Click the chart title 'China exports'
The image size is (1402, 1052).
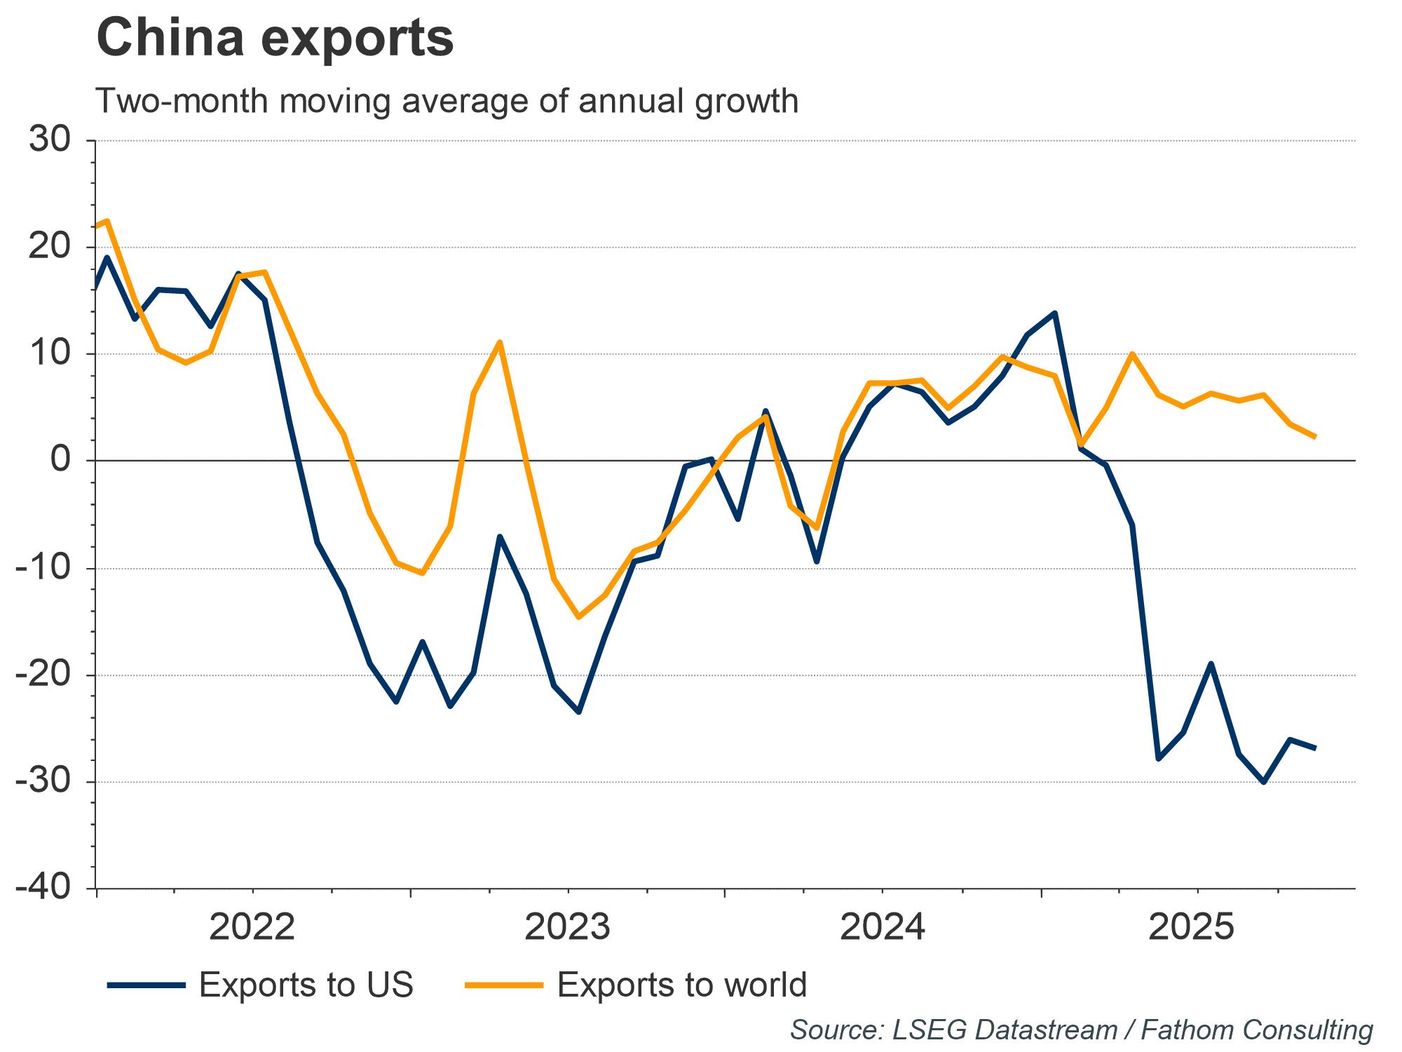(275, 38)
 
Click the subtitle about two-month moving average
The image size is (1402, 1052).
(447, 101)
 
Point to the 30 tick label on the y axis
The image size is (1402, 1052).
(50, 140)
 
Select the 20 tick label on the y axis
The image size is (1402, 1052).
(50, 247)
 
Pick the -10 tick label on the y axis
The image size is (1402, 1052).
(43, 568)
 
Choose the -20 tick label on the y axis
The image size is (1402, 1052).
(43, 675)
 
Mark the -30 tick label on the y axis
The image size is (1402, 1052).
(43, 782)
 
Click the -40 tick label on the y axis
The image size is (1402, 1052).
(43, 889)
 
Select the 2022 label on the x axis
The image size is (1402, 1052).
(252, 928)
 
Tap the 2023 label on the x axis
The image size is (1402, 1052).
(567, 928)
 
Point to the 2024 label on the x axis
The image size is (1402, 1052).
(883, 928)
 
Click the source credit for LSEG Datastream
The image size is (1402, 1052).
(1081, 1030)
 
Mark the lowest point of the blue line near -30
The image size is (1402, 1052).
(1263, 782)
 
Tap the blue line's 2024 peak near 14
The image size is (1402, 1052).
(1055, 313)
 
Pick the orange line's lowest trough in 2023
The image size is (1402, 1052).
(578, 617)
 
